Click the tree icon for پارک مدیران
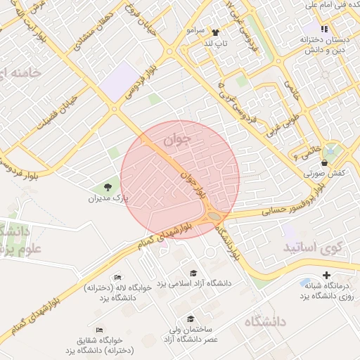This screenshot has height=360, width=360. tap(107, 188)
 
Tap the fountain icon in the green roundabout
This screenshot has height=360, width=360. tap(331, 150)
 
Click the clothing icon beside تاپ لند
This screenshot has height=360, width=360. tap(216, 32)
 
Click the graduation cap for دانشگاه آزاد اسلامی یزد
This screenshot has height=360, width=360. tap(193, 273)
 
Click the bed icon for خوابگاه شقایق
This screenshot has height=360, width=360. tap(99, 329)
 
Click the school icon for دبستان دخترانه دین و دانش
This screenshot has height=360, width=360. tap(323, 29)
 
